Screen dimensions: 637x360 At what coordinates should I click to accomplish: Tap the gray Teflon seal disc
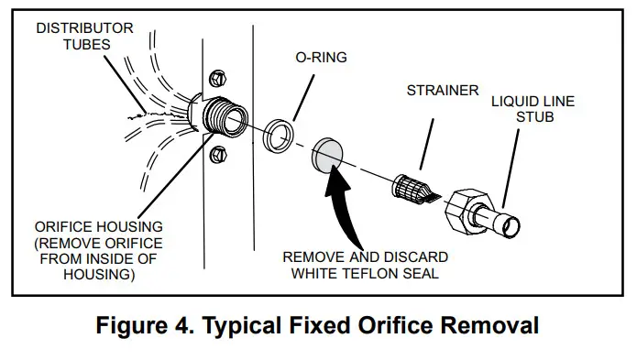(x=327, y=156)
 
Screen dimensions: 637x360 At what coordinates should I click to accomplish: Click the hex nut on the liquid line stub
(x=463, y=211)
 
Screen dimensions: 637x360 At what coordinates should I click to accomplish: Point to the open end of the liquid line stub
(x=511, y=227)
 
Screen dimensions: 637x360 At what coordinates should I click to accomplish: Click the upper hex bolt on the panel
(x=218, y=78)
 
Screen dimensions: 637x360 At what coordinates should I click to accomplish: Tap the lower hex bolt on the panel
(x=218, y=155)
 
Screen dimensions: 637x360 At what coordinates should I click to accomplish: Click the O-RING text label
(x=322, y=57)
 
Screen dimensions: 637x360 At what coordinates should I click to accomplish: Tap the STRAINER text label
(x=443, y=90)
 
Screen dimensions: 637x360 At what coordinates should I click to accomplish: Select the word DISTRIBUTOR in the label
(x=84, y=28)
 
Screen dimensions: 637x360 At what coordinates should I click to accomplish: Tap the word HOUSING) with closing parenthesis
(x=99, y=275)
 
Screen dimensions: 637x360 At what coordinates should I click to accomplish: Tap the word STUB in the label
(x=535, y=117)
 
